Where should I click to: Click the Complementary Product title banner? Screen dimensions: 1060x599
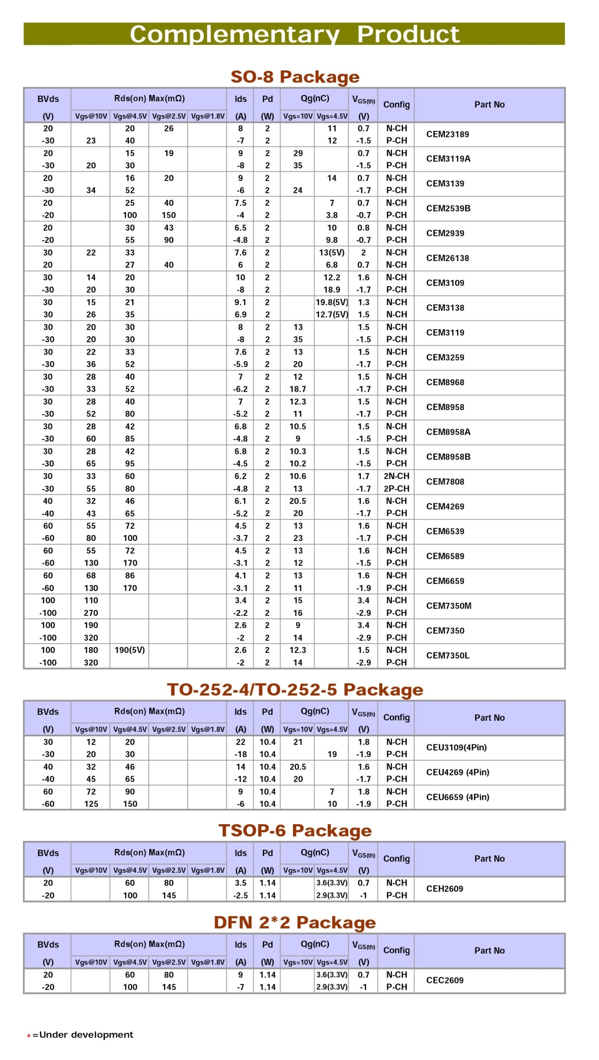(x=295, y=34)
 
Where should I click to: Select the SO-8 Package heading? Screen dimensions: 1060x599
(x=295, y=77)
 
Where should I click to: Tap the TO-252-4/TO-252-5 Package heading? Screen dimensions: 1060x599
(x=295, y=690)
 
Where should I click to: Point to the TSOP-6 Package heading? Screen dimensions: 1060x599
(x=295, y=831)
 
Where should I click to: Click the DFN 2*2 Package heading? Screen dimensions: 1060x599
(x=295, y=923)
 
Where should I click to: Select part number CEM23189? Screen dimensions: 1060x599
(x=447, y=134)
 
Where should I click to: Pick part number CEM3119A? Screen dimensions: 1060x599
(x=448, y=159)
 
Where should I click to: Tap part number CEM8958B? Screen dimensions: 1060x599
(x=448, y=457)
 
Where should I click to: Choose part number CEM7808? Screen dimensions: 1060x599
(x=445, y=482)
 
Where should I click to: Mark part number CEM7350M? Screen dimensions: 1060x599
(x=448, y=606)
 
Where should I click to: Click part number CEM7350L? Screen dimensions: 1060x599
(x=447, y=656)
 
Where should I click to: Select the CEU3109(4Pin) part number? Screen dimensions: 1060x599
(x=456, y=748)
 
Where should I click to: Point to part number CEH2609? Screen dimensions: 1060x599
(x=444, y=889)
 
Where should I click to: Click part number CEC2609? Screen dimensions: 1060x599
(x=444, y=981)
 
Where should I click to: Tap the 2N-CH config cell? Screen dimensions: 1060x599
(x=396, y=477)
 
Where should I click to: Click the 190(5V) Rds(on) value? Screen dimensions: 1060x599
(x=129, y=650)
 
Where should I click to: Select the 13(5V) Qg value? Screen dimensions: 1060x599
(x=331, y=253)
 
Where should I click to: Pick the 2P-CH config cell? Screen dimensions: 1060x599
(x=396, y=489)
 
